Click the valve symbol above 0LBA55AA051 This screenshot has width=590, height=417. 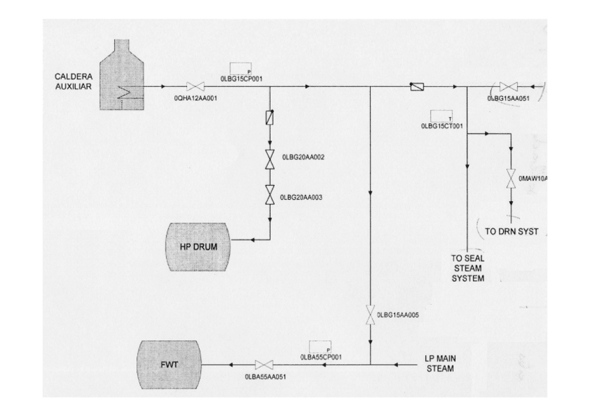[x=264, y=365]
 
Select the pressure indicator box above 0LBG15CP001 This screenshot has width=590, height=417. [x=241, y=69]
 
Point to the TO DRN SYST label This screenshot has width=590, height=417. [x=512, y=231]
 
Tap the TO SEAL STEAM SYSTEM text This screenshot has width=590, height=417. [x=468, y=268]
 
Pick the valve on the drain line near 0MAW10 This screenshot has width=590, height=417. [x=511, y=178]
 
